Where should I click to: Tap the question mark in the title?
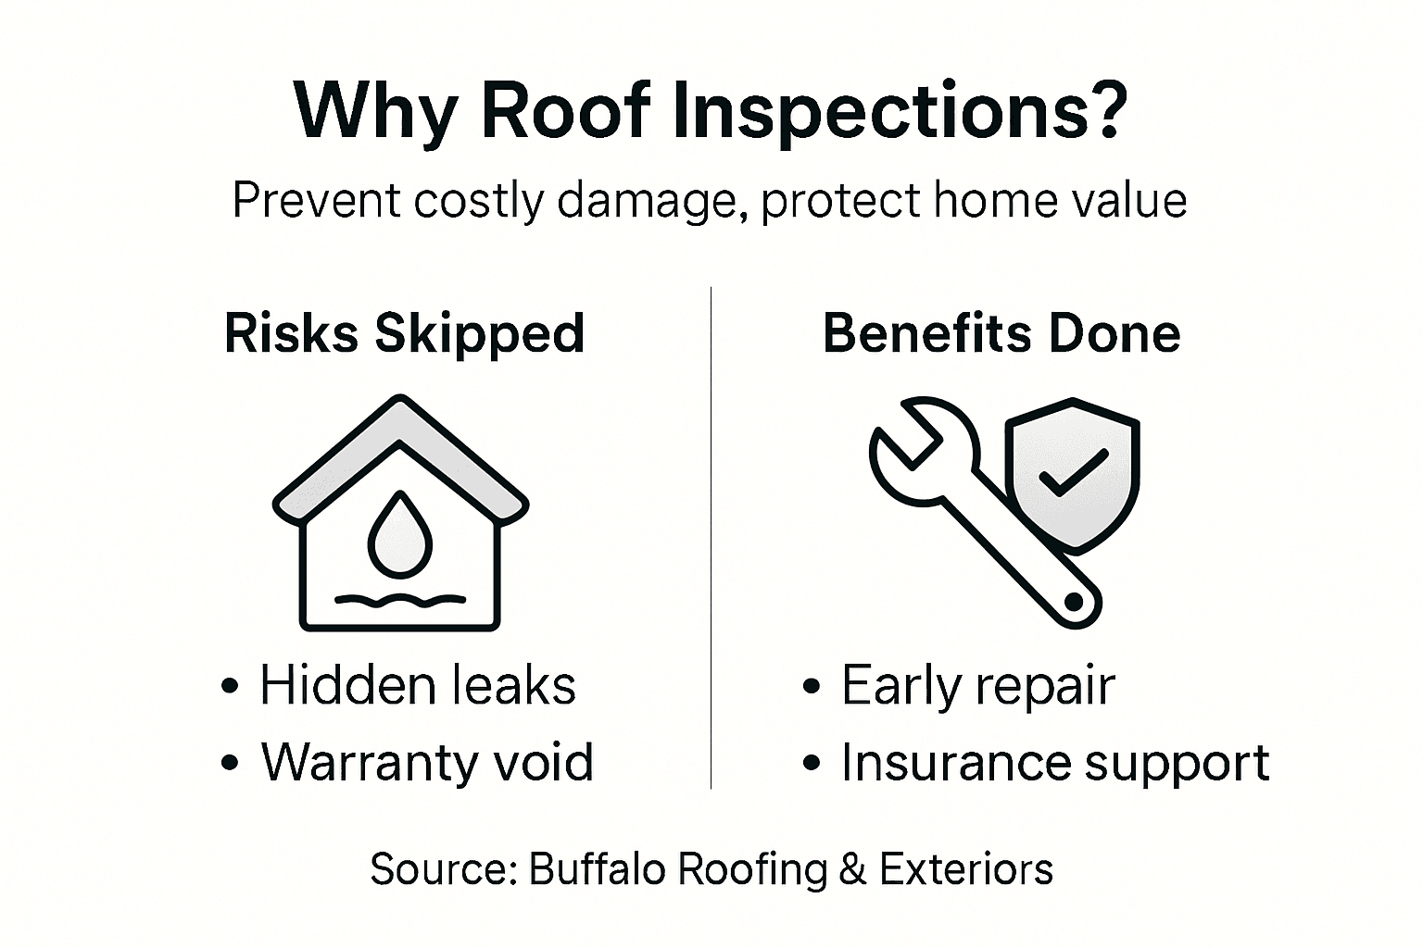tap(1102, 111)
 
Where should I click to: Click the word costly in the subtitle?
tap(478, 200)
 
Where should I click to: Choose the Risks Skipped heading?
tap(405, 333)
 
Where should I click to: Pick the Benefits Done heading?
tap(1001, 333)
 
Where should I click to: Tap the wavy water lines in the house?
tap(400, 600)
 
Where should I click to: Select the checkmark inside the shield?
tap(1073, 472)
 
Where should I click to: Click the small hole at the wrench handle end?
tap(1074, 603)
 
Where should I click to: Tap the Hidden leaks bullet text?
tap(417, 686)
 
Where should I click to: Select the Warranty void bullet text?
tap(426, 762)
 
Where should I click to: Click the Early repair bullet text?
tap(977, 686)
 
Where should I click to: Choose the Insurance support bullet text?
tap(1054, 762)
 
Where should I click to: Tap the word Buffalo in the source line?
tap(598, 869)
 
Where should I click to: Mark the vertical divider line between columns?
tap(711, 537)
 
